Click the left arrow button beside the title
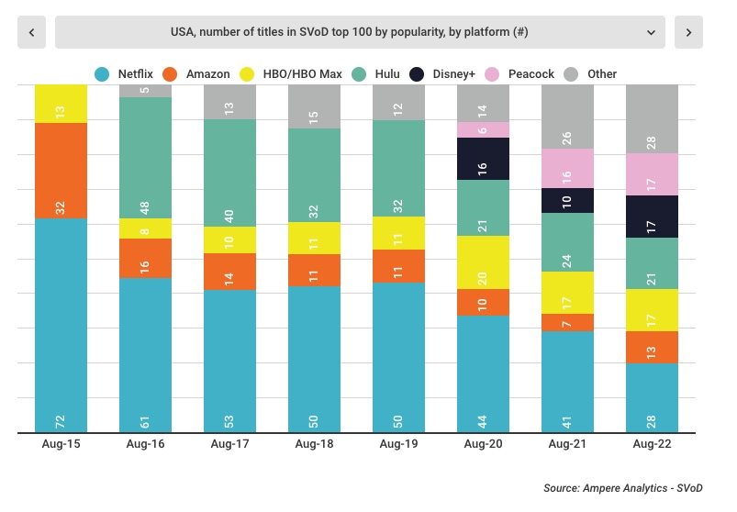click(x=31, y=32)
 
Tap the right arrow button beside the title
click(x=688, y=32)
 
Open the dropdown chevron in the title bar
click(x=651, y=32)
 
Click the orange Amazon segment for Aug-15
click(x=61, y=171)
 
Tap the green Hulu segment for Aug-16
click(x=146, y=157)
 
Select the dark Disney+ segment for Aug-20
click(x=484, y=158)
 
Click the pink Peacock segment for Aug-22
click(x=652, y=174)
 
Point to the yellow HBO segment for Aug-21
click(x=568, y=292)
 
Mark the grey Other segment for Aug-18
click(x=315, y=106)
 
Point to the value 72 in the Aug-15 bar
click(x=61, y=421)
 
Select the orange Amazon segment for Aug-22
click(x=652, y=347)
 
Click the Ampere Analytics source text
click(x=622, y=489)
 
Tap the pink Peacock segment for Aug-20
click(x=484, y=129)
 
